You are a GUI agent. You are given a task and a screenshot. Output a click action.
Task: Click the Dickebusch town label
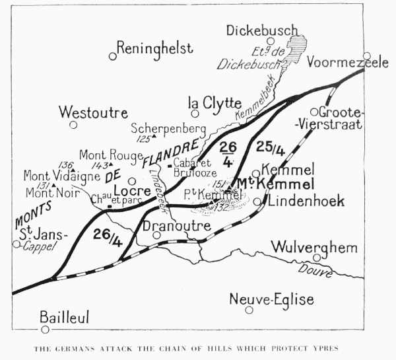click(262, 30)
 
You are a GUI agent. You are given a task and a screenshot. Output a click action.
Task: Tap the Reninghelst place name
click(155, 48)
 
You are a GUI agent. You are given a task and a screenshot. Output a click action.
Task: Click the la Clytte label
click(211, 102)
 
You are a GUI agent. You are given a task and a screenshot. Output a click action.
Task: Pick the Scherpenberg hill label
click(168, 128)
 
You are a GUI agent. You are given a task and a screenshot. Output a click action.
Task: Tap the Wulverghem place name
click(314, 248)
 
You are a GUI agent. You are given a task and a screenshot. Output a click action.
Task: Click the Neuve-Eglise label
click(271, 299)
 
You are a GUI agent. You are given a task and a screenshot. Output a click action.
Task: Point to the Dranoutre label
click(177, 225)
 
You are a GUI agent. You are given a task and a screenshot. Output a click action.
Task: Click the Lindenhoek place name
click(305, 201)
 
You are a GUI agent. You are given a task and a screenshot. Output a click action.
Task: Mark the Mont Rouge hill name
click(111, 155)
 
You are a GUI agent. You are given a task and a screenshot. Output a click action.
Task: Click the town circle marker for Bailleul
click(45, 329)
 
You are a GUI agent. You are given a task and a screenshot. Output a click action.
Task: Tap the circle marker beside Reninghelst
click(113, 56)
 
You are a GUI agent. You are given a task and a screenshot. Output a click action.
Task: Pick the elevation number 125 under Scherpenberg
click(143, 139)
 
